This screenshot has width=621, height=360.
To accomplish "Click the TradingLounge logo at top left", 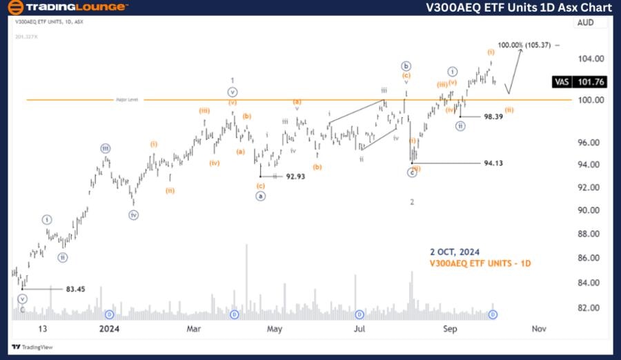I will point(67,8).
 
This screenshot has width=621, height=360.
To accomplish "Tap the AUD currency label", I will point(585,23).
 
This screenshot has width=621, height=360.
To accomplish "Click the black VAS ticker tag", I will point(562,81).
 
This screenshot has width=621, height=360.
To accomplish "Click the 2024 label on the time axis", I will point(110,329).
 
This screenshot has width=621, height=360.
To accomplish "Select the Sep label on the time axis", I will point(450,329).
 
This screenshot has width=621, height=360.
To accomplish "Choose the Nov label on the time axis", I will point(540,329).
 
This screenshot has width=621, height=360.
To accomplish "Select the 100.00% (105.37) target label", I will point(524,45).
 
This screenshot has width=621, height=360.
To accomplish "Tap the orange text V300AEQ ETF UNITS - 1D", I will point(480,263).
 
